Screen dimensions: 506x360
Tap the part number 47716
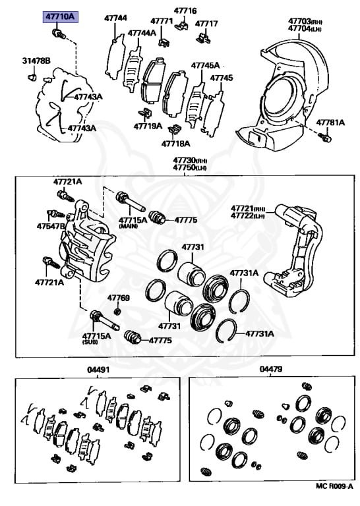[185, 11]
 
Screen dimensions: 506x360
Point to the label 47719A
[148, 126]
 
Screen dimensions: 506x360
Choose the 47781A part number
[330, 122]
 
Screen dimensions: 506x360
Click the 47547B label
[51, 226]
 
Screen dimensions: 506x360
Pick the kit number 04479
[271, 370]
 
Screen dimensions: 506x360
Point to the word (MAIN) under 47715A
[129, 226]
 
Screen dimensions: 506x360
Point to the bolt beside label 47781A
[324, 138]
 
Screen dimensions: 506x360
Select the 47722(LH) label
[247, 216]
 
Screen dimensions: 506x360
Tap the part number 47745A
[205, 65]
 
